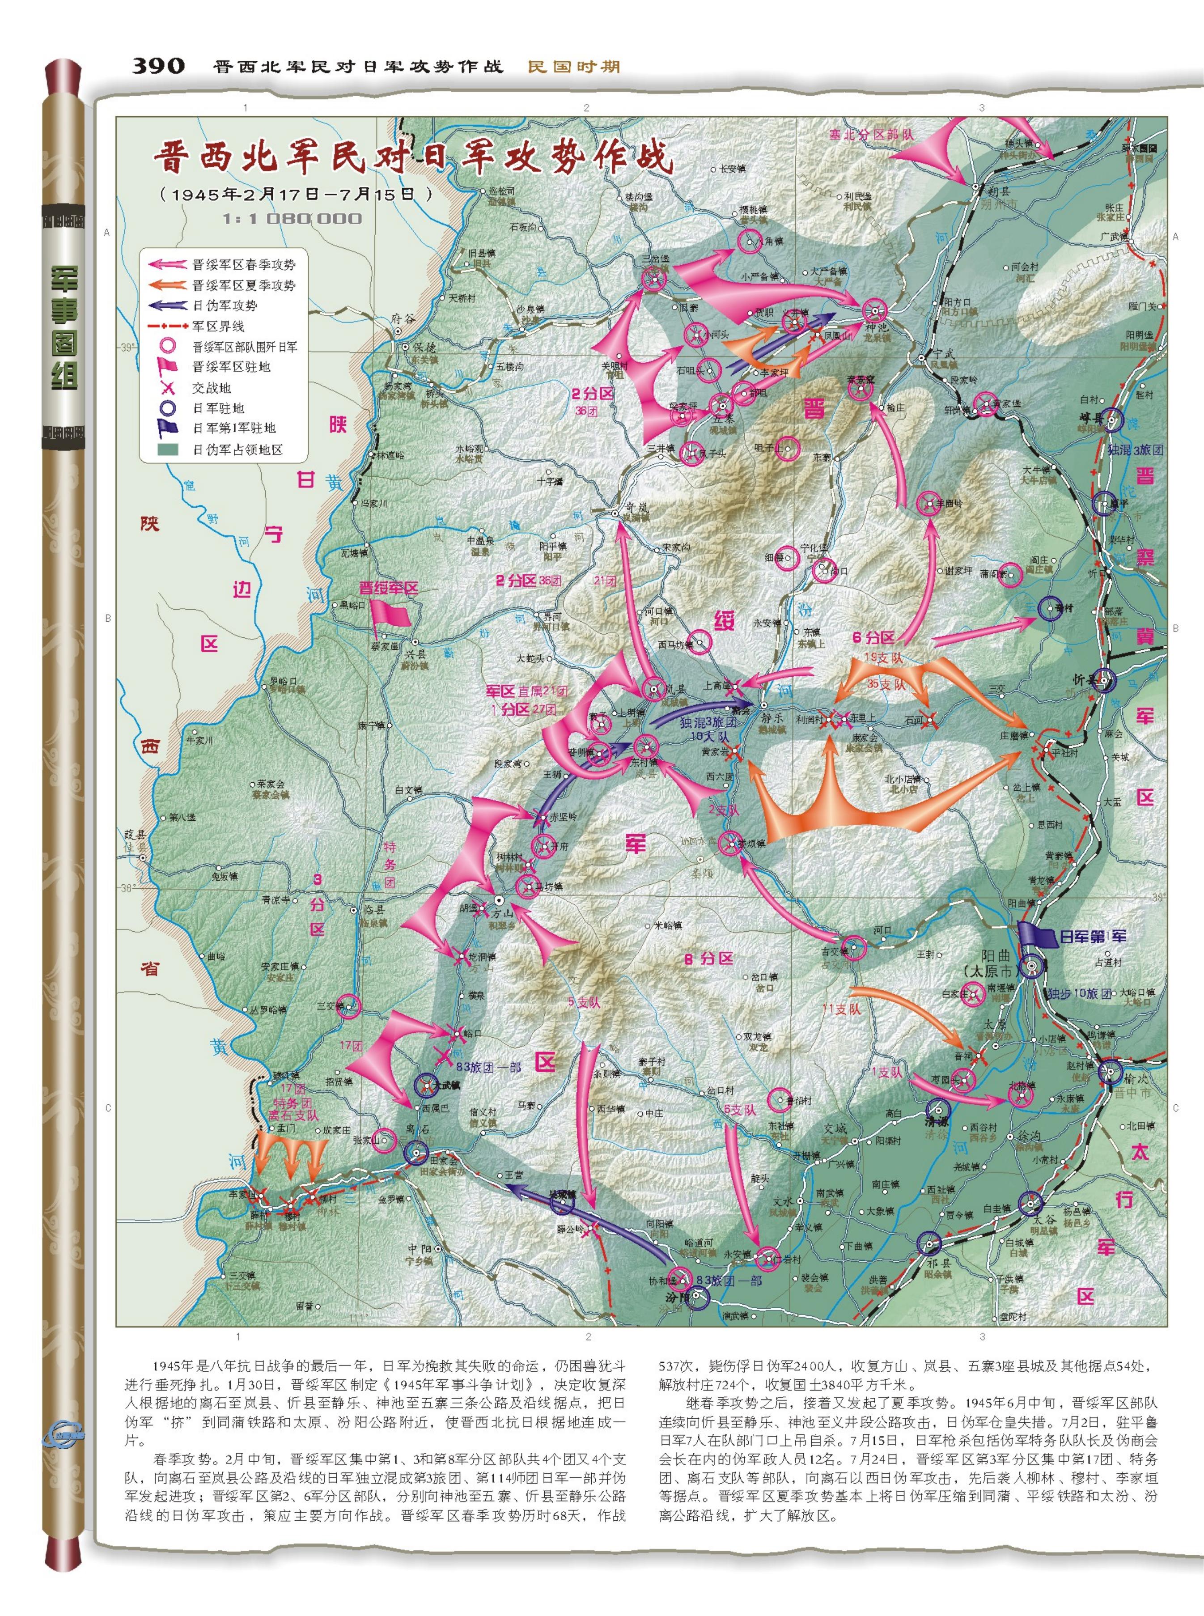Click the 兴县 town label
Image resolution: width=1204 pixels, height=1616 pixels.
pyautogui.click(x=414, y=654)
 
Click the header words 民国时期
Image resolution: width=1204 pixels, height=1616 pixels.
pyautogui.click(x=573, y=66)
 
